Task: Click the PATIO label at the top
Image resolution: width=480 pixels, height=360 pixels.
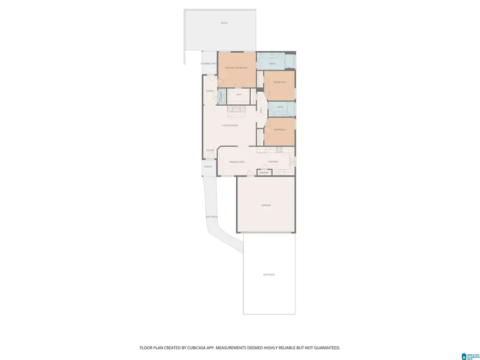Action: point(224,23)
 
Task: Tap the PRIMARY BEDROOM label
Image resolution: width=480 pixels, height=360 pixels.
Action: point(236,68)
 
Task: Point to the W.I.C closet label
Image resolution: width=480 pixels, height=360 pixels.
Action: point(238,95)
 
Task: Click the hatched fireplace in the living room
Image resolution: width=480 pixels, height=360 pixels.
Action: point(236,110)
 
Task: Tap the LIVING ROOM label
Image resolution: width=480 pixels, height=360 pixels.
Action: point(230,125)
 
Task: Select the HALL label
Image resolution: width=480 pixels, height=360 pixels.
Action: point(261,110)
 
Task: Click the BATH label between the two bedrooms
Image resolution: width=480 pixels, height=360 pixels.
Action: point(280,107)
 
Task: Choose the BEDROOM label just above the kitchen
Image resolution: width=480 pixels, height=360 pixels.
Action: point(280,130)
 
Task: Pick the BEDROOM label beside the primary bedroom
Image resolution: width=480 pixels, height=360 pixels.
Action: point(280,82)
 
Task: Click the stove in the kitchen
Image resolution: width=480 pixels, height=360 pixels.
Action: point(292,161)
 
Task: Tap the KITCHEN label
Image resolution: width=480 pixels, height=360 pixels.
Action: point(273,162)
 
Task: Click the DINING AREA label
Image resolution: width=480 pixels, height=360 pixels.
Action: point(237,162)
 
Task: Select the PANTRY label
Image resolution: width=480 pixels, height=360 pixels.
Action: point(263,173)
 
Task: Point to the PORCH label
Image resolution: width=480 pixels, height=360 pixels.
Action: point(208,167)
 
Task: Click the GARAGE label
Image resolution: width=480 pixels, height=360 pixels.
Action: point(266,205)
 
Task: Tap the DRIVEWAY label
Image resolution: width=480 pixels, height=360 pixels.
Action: point(269,274)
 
